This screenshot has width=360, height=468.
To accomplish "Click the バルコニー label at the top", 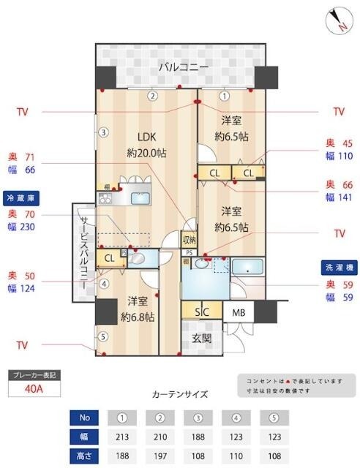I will click(184, 67).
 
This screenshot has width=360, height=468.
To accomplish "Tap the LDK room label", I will click(143, 135).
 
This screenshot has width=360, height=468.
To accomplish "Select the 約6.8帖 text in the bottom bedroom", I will click(137, 317).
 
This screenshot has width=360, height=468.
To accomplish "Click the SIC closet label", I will click(202, 311).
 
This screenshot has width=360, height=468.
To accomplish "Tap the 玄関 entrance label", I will click(202, 339).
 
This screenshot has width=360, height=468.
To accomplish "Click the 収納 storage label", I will click(189, 239).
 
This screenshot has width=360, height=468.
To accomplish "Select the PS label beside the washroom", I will click(189, 253).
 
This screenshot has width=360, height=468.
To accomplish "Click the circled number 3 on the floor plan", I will click(104, 132).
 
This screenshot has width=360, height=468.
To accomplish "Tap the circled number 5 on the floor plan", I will click(103, 337).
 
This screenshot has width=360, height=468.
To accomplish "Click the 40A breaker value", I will click(34, 389).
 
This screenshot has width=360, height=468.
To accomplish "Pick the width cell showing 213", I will click(122, 437).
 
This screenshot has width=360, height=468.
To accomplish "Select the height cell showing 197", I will click(160, 455).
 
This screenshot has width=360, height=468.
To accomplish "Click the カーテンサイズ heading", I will click(179, 394).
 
